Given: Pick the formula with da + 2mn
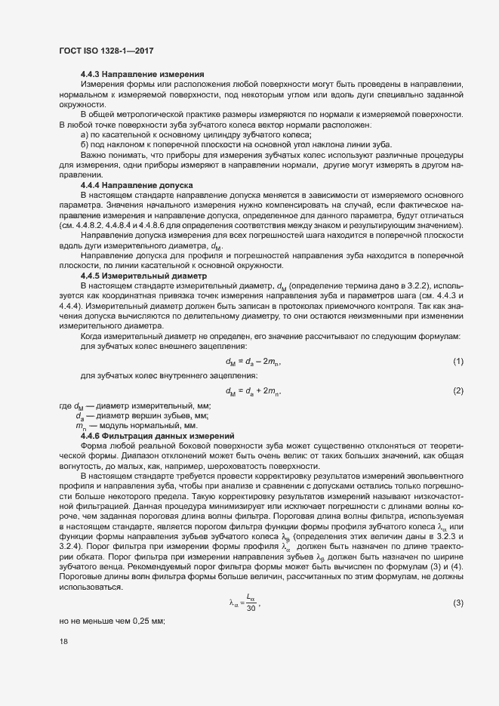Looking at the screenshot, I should [253, 390].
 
